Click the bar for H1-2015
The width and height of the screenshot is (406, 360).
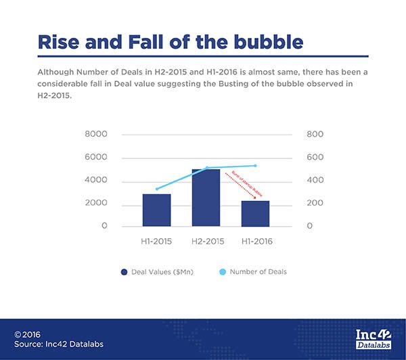[156, 210]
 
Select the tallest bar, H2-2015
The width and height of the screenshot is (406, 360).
[206, 198]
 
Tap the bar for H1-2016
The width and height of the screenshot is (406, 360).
[255, 213]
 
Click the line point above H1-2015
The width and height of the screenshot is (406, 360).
[156, 189]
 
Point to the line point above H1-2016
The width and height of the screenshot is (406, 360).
[255, 165]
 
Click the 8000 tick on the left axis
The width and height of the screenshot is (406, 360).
[96, 135]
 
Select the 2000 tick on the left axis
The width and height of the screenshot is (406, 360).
[96, 203]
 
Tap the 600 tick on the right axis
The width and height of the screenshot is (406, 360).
[315, 158]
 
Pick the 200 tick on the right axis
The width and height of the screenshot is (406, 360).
[315, 203]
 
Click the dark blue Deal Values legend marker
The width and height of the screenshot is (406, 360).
[125, 272]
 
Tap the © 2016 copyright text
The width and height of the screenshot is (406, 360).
[29, 334]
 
